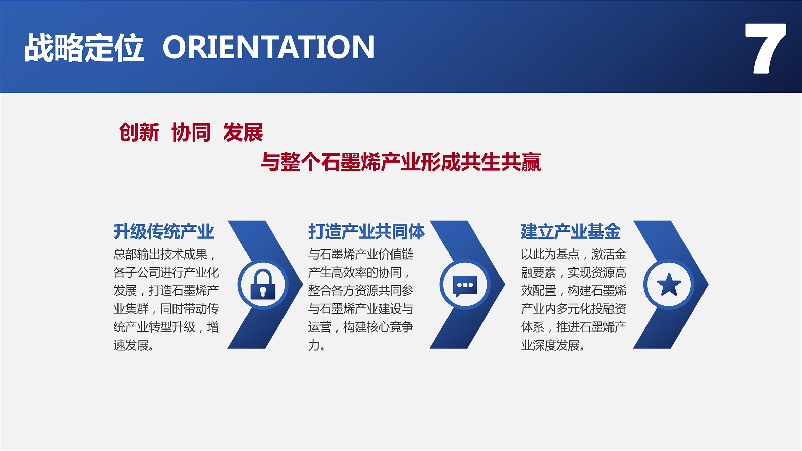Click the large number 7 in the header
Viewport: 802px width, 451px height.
(765, 49)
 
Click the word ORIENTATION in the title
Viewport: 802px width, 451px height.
(269, 47)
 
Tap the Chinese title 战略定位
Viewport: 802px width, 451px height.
(84, 48)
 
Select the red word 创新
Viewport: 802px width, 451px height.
(139, 132)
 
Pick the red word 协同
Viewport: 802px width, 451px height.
(191, 132)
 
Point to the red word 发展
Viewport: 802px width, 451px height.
(243, 132)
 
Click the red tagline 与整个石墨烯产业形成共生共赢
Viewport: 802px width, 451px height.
(401, 162)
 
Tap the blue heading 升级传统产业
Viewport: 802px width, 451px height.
(164, 231)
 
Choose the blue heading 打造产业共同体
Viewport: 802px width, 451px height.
(366, 231)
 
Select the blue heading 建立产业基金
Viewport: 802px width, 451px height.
(571, 231)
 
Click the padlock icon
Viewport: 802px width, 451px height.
(263, 284)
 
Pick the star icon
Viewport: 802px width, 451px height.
(669, 284)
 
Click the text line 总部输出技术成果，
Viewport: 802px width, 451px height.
(164, 254)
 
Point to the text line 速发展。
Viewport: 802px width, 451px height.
(134, 345)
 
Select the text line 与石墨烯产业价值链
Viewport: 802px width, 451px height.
(361, 254)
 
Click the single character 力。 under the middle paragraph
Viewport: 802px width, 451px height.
(316, 345)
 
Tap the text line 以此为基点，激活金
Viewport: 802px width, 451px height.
(573, 254)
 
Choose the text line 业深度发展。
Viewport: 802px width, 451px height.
(553, 345)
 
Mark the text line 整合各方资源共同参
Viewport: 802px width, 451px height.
(361, 290)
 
